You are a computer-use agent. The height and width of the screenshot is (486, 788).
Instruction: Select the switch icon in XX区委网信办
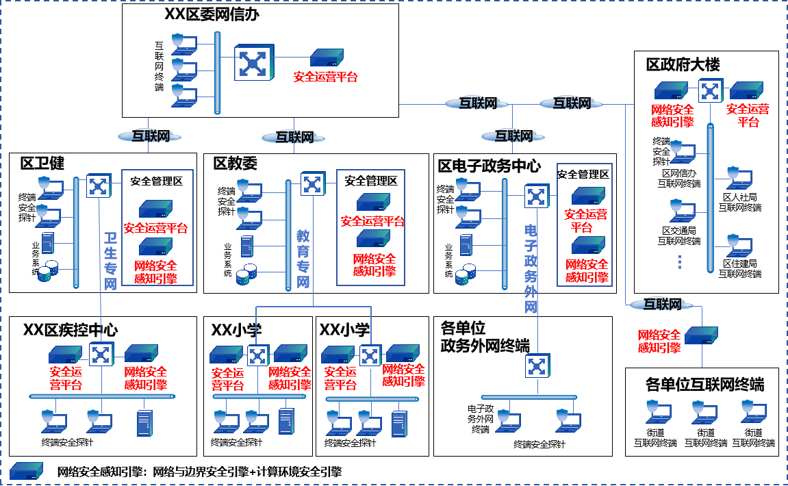pos(253,63)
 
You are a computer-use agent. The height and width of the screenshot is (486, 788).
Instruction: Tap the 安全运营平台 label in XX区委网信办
pos(325,77)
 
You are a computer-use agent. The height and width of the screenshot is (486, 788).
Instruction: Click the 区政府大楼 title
pos(683,65)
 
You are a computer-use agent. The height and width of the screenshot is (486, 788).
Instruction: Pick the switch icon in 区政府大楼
pos(711,90)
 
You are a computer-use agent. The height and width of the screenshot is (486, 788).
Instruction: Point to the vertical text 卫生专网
pos(110,261)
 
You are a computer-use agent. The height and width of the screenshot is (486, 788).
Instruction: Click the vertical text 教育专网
pos(303,259)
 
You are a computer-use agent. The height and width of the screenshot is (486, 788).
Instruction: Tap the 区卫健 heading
pos(42,163)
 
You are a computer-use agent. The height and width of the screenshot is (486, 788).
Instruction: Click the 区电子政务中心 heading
pos(489,166)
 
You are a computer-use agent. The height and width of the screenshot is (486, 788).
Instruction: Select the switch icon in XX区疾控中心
pos(102,354)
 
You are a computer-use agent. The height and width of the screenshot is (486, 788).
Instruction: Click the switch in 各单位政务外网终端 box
pos(536,366)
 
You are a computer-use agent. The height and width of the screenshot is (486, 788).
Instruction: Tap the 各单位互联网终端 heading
pos(704,384)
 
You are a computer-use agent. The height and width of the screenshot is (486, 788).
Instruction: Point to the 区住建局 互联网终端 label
pos(739,268)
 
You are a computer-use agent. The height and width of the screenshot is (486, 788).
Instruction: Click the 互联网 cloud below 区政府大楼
pos(662,305)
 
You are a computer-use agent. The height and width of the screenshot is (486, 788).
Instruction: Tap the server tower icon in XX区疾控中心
pos(144,423)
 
